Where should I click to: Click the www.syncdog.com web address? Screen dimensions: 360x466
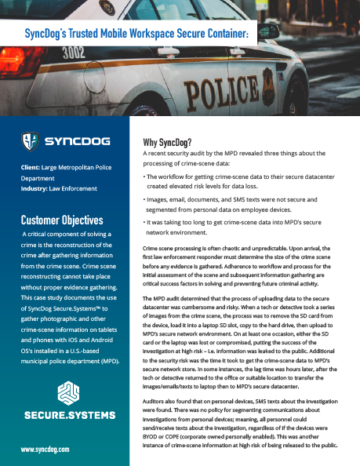coord(46,450)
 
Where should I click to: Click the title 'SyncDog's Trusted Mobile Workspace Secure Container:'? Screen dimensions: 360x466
coord(136,35)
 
